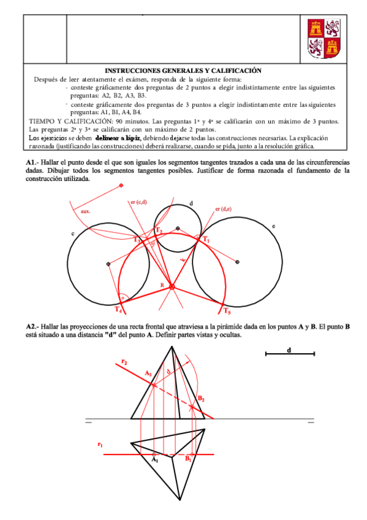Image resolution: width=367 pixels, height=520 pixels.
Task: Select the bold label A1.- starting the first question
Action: point(32,161)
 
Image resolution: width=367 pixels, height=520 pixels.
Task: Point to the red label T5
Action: point(227,310)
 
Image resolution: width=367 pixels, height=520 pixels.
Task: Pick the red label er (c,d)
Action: point(138,202)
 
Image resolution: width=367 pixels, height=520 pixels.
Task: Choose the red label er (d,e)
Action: point(223,209)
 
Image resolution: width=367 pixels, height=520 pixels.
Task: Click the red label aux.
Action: point(86,212)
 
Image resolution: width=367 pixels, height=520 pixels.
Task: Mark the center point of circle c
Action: point(108,264)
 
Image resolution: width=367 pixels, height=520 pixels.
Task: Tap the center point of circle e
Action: point(237,262)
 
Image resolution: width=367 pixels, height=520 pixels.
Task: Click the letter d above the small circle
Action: point(191,203)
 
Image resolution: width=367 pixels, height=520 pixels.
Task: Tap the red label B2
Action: point(200,398)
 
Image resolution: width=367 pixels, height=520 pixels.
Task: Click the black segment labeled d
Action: point(289,354)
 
